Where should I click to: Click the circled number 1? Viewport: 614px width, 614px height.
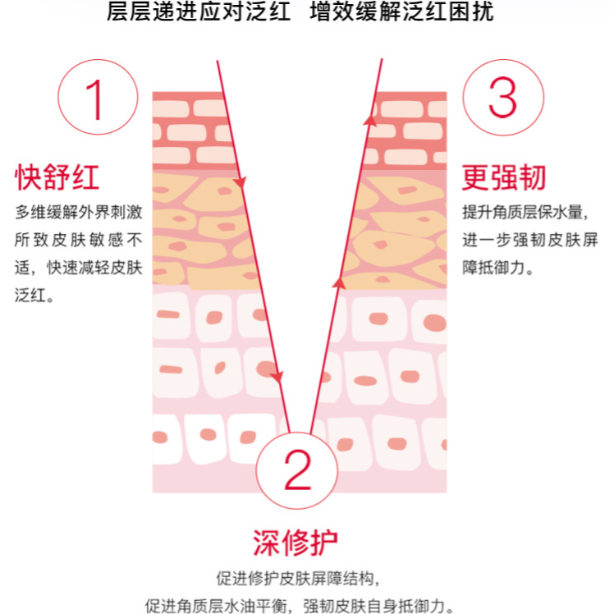point(95,98)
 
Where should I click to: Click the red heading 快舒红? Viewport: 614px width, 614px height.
point(57,176)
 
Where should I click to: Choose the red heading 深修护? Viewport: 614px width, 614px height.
point(296,543)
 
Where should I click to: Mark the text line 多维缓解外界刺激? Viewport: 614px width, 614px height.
point(79,213)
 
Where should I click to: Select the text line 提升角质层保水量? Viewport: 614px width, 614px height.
point(523,213)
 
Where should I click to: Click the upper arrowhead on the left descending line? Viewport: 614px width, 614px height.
point(239,181)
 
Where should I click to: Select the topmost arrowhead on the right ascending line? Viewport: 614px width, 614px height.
point(370,121)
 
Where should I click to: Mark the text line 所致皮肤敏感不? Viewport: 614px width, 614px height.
point(79,241)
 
